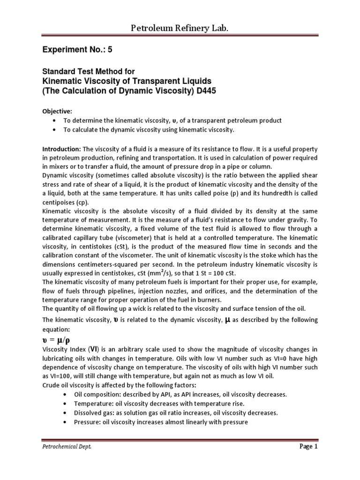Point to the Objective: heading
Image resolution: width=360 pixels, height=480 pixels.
58,112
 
